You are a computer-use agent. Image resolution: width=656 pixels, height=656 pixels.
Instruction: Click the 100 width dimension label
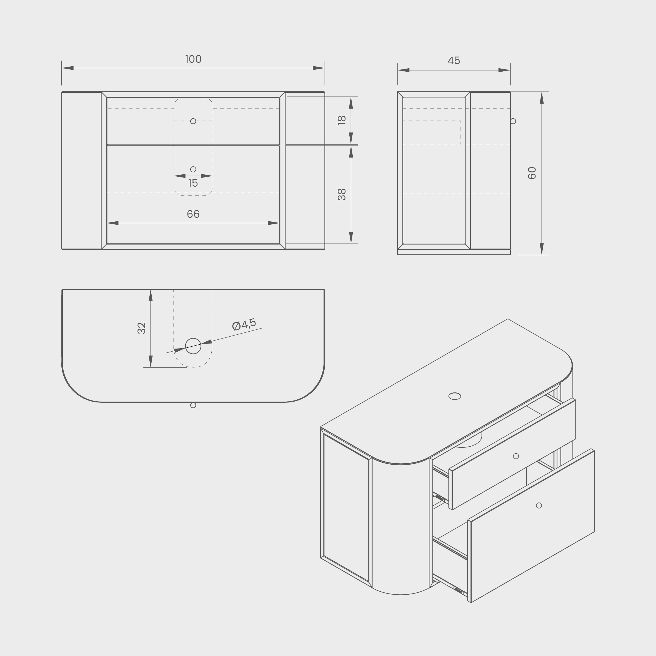193,59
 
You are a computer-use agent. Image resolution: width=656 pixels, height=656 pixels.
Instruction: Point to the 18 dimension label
342,120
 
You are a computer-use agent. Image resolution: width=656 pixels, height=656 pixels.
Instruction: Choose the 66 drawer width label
193,214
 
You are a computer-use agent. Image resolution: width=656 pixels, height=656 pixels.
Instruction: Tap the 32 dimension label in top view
142,328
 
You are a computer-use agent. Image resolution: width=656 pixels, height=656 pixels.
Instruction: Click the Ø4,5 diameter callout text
244,325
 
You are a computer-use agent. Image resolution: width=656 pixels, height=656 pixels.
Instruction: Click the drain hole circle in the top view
193,346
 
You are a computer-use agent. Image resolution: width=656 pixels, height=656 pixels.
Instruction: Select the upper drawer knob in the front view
193,121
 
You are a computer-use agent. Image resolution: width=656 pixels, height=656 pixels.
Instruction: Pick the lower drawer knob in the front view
193,169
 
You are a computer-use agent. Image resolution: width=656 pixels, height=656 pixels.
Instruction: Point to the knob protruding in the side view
513,121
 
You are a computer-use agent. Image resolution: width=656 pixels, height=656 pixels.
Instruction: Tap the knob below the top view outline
193,405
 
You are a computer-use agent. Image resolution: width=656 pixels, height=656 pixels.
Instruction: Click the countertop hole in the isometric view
455,396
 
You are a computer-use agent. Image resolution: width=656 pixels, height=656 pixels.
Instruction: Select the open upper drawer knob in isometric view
516,456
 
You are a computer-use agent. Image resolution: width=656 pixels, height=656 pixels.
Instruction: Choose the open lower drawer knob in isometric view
539,505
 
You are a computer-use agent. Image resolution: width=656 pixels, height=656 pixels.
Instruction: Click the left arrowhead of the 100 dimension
67,68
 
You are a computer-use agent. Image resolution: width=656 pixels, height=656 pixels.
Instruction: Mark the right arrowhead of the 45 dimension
504,70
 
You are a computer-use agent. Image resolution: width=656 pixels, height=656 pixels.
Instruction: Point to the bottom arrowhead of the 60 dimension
542,249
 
